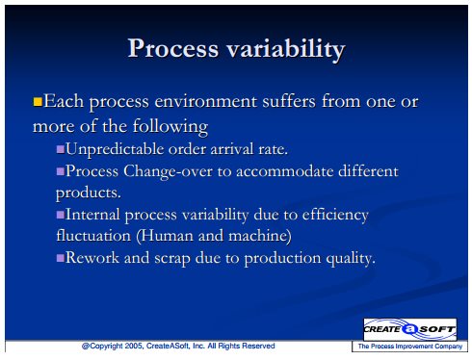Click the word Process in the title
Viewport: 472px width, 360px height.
click(173, 48)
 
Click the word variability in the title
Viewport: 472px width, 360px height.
click(286, 50)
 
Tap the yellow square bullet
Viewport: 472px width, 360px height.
click(38, 102)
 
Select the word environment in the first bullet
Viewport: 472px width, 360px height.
click(206, 101)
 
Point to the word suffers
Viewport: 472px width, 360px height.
click(289, 101)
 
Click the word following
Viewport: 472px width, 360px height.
click(170, 126)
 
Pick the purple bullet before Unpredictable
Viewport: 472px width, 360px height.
click(61, 149)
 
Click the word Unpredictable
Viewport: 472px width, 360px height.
click(115, 149)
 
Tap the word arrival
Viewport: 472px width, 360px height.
click(232, 149)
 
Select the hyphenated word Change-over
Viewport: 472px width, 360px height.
click(168, 171)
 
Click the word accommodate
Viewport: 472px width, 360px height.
click(284, 171)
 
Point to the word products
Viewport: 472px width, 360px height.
click(89, 193)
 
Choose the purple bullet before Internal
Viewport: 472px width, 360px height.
click(61, 215)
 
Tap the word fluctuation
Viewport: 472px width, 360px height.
click(93, 236)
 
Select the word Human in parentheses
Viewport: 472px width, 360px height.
click(166, 236)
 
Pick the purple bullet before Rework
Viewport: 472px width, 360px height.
click(61, 258)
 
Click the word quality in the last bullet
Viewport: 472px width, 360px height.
click(351, 259)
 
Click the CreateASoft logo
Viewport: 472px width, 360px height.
click(409, 329)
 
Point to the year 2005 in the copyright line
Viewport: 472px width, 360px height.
click(133, 346)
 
